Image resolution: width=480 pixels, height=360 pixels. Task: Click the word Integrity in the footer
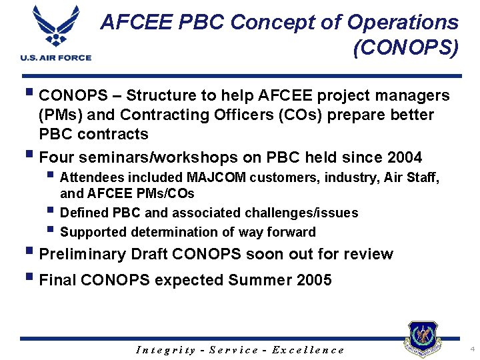click(165, 350)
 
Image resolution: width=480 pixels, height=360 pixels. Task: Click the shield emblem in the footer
click(423, 339)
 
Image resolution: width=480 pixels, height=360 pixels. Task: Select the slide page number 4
click(471, 349)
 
